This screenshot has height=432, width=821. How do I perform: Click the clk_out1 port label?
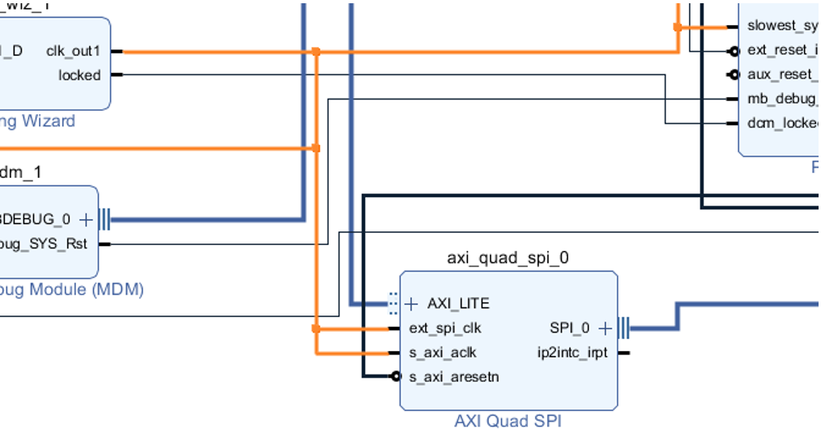point(73,51)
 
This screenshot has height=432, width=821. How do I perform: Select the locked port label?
point(79,75)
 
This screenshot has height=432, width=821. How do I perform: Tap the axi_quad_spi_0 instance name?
point(508,258)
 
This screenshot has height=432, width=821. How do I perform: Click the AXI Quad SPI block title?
point(508,421)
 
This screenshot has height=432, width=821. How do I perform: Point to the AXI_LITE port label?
point(458,303)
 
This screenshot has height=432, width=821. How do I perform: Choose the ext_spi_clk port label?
point(445,328)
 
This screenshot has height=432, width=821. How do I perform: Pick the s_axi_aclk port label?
point(442,353)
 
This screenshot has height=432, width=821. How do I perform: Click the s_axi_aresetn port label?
point(453,377)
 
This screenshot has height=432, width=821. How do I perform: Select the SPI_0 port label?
point(569,328)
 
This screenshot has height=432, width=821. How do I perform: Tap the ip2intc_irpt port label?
point(572,353)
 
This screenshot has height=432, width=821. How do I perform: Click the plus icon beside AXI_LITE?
point(411,303)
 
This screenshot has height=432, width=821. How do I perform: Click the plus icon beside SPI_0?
point(604,328)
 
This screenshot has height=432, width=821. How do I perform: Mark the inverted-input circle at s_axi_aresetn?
point(396,377)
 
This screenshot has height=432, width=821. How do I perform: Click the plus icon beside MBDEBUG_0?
point(86,219)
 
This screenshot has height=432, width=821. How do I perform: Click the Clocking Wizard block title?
point(37,121)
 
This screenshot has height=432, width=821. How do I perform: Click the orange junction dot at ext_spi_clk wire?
point(316,328)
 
